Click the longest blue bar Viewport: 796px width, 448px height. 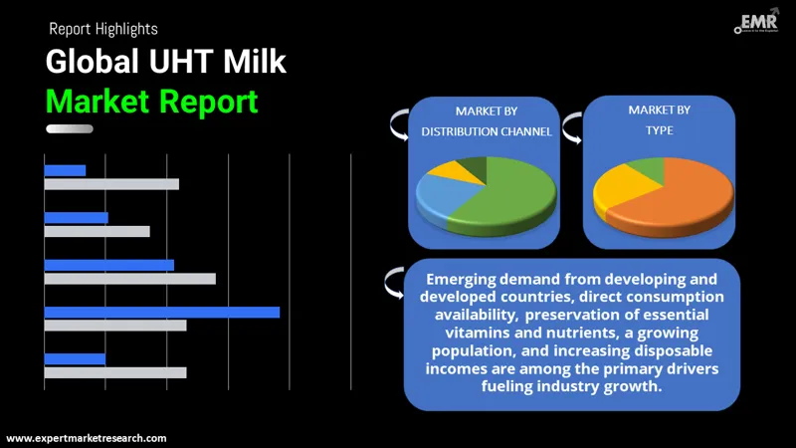pos(161,312)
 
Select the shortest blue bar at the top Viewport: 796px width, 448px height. pos(65,170)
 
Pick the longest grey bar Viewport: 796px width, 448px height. pos(129,279)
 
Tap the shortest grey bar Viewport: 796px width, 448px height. pos(97,231)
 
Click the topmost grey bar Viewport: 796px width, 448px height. pos(111,184)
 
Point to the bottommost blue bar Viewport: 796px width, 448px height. pos(75,358)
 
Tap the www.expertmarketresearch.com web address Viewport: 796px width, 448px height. pos(87,438)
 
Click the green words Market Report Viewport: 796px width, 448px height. pos(151,101)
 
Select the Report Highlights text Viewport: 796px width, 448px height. pos(103,29)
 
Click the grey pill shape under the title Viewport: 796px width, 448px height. pos(70,128)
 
